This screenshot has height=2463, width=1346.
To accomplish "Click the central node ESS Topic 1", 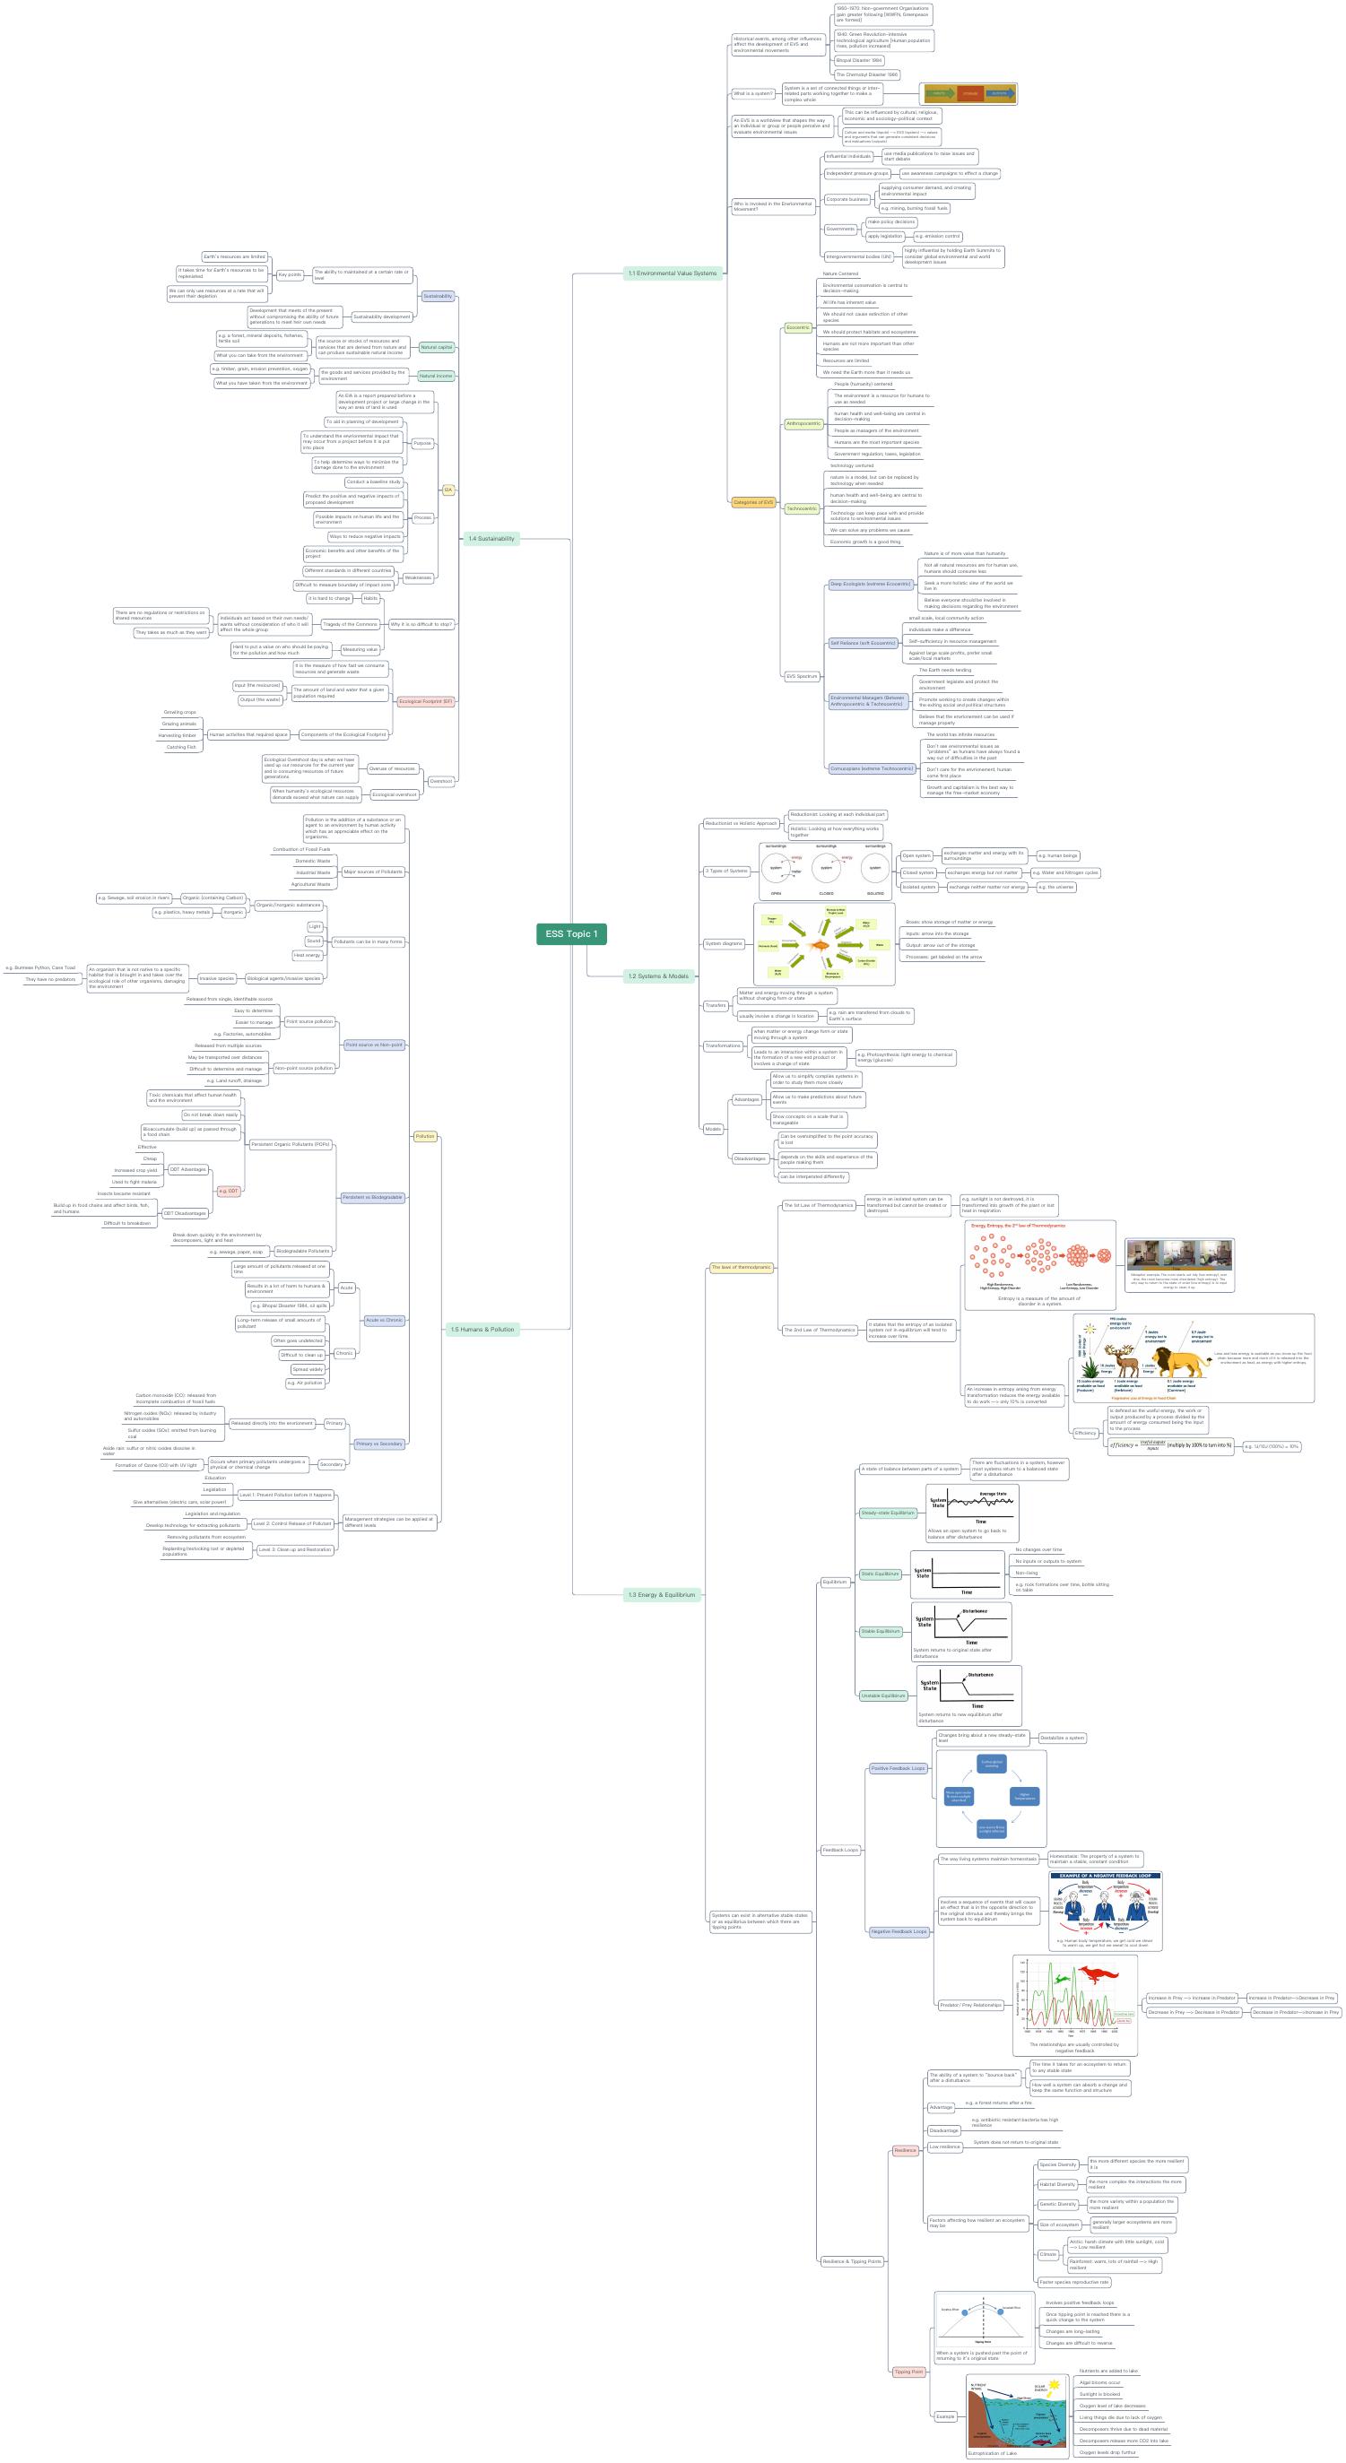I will (x=570, y=934).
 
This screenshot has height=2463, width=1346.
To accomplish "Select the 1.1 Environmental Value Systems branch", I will (x=671, y=273).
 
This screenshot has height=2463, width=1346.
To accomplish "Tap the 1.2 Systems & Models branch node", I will (x=657, y=976).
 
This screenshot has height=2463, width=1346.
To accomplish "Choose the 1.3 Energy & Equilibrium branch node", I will (x=662, y=1595).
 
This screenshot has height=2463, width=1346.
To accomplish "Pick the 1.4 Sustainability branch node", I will (x=491, y=538).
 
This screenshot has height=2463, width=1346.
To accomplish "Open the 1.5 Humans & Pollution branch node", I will (x=482, y=1329).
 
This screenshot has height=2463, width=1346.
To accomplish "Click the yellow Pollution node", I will (x=425, y=1136).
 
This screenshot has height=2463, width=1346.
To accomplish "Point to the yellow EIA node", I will (x=447, y=490).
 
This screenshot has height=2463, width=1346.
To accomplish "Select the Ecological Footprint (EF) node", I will (x=425, y=701).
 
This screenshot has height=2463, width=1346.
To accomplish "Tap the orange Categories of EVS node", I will (x=753, y=502).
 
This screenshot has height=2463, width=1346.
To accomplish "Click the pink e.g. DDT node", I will (x=229, y=1191).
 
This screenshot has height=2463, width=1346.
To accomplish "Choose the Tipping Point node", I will (x=908, y=2372).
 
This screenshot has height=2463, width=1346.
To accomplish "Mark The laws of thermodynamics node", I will (x=741, y=1267).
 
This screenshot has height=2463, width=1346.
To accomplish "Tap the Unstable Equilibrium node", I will (x=882, y=1695).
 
